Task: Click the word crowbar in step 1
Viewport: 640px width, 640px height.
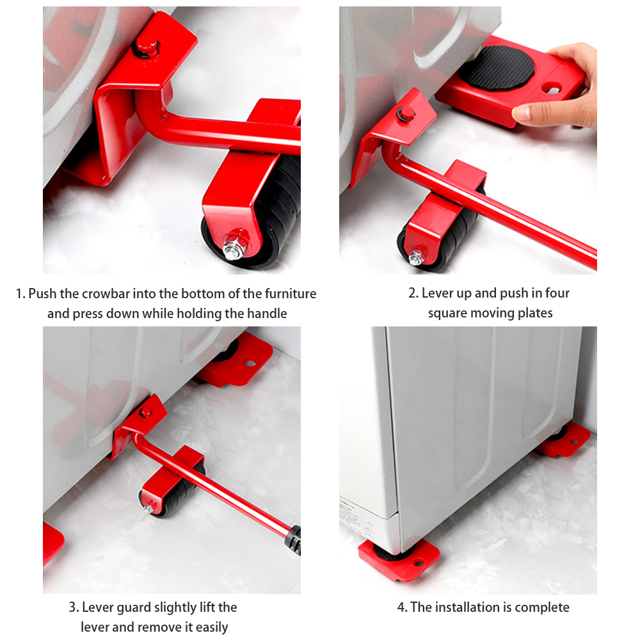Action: pos(108,294)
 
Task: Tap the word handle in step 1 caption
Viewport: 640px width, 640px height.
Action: pos(267,314)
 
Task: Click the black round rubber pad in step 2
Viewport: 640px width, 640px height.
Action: pos(497,68)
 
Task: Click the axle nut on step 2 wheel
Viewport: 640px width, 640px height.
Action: pos(416,257)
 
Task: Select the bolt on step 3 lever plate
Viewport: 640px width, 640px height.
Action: pos(145,413)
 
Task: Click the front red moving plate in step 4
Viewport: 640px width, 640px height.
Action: pos(399,559)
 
